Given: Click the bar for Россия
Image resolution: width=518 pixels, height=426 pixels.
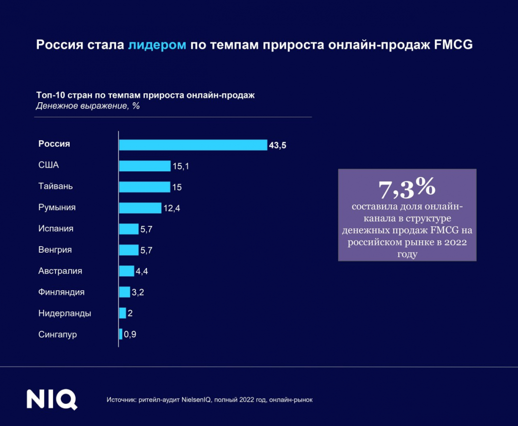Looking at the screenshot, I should tap(193, 145).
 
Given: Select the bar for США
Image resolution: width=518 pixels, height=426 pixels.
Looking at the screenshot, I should tap(145, 166).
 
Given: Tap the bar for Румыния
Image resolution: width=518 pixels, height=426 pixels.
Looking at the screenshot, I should tap(140, 208).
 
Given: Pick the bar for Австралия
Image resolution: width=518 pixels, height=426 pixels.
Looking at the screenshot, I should tap(127, 271).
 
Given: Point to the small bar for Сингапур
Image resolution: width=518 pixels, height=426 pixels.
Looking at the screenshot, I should tap(120, 334).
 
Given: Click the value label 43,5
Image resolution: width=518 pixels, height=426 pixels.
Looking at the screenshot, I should tap(277, 145).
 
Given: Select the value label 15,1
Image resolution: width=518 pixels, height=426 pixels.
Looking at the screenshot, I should tap(181, 166).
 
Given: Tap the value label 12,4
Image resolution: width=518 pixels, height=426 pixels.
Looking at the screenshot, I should tap(172, 208).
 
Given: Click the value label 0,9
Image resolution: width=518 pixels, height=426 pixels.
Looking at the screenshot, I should tap(130, 335).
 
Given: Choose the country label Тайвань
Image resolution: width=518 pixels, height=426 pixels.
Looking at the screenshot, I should tap(55, 186).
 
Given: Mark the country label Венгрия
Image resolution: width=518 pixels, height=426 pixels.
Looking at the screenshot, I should tap(55, 249).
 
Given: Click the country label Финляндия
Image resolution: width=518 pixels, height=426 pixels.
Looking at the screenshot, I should tap(61, 292).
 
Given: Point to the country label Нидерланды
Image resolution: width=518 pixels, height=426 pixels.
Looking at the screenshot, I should tap(64, 313).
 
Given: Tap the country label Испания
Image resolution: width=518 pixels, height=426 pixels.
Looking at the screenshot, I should tap(55, 228).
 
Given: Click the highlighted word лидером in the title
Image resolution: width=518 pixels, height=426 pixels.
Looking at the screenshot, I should tap(157, 45).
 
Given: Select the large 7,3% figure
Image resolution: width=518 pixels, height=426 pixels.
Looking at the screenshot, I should tap(407, 188).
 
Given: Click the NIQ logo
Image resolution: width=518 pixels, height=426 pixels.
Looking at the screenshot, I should tap(52, 399).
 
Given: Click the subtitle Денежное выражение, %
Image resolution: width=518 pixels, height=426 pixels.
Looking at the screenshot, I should tap(88, 106).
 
